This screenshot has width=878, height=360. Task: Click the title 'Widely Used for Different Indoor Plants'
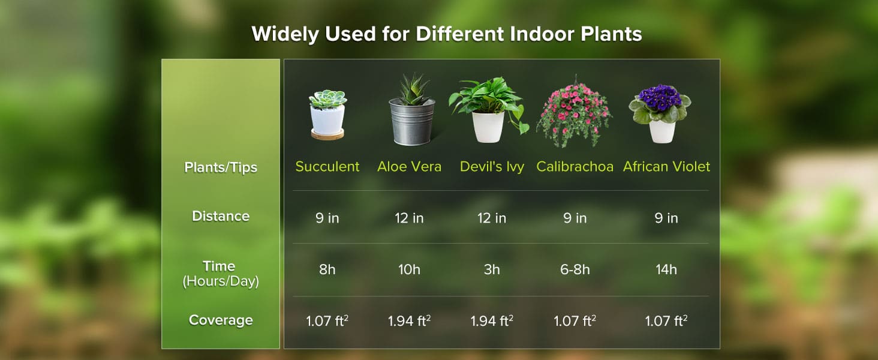pos(447,34)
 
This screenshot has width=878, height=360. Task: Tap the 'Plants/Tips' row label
pos(221,167)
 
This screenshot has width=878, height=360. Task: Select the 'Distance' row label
pos(221,216)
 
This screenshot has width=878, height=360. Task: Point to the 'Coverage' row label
pos(221,320)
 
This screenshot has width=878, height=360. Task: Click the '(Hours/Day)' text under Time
pos(221,281)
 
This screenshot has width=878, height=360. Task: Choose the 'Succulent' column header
pos(327,166)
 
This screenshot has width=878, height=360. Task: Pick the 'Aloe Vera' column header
pos(409,166)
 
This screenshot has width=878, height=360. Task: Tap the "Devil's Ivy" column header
pos(492,166)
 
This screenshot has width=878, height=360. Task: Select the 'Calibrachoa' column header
pos(575,166)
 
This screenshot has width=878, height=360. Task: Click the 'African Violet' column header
pos(666,166)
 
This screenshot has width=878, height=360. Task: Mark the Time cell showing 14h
pos(666,270)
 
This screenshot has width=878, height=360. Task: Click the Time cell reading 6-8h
pos(575,270)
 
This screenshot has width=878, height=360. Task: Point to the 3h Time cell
pos(492,270)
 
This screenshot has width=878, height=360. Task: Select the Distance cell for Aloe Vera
pos(409,218)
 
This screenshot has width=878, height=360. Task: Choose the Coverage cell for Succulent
pos(327,321)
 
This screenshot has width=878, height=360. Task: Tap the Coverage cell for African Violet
pos(666,321)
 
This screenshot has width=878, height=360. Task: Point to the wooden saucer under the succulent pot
pos(327,134)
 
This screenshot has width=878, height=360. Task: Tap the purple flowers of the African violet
pos(659,97)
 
